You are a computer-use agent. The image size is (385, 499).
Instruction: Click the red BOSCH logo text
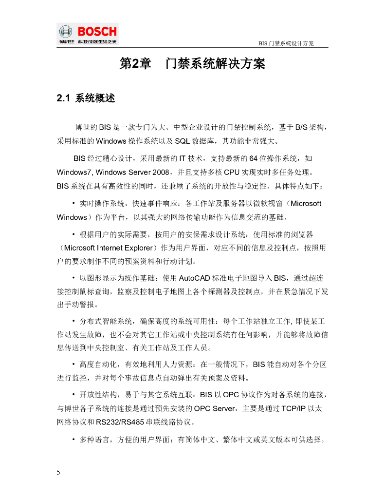pos(97,31)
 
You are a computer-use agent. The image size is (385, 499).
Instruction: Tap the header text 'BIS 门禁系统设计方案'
pos(286,43)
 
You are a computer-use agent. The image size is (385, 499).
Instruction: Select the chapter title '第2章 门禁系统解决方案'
pos(192,64)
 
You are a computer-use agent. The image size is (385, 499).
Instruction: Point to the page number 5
pos(59,472)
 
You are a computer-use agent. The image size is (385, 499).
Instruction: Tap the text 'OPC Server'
pos(215,408)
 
